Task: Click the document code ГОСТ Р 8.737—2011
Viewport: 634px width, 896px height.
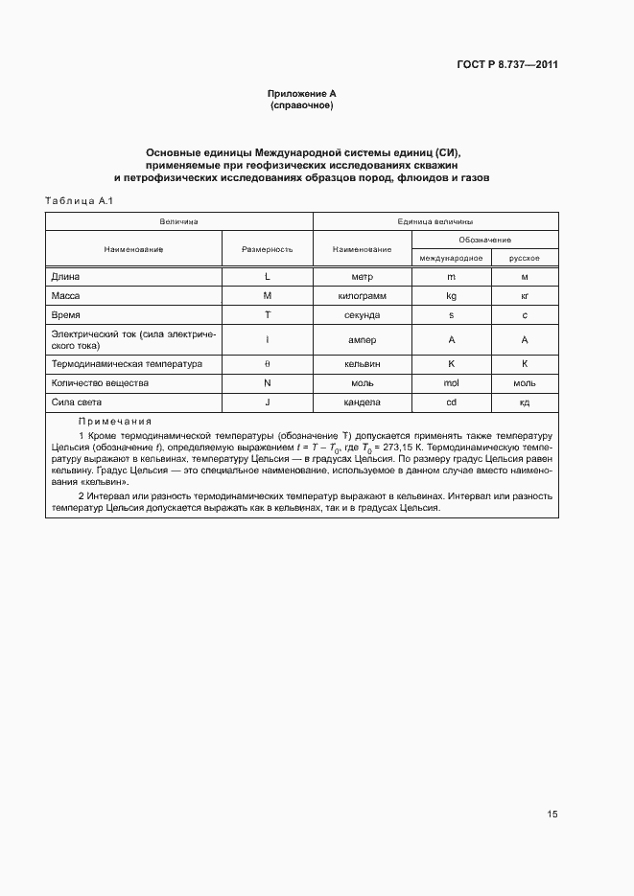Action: coord(506,65)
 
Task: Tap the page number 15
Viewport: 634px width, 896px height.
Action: coord(552,815)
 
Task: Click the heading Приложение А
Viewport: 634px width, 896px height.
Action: coord(302,94)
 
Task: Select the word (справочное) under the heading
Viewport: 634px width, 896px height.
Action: coord(302,104)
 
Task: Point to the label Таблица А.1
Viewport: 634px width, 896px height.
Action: coord(80,200)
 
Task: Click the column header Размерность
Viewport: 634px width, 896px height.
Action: coord(268,249)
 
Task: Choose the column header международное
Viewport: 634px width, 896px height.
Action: coord(451,259)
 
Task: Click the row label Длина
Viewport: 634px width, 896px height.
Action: coord(66,277)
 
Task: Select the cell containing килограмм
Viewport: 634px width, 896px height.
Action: coord(362,296)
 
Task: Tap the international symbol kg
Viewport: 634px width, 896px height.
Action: coord(451,296)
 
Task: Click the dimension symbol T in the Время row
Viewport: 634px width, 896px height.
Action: coord(268,315)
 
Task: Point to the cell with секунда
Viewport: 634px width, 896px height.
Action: coord(362,315)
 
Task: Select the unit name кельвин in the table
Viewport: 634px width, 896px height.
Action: coord(362,364)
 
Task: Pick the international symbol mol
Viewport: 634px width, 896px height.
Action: coord(451,383)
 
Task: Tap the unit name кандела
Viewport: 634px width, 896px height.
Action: coord(362,402)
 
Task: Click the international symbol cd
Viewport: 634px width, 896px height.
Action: coord(451,402)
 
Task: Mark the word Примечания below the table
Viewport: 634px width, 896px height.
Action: coord(115,422)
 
